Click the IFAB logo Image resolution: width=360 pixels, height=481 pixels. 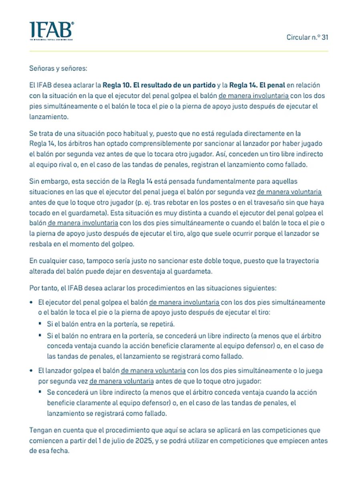coord(51,31)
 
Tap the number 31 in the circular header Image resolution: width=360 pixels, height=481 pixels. coord(325,38)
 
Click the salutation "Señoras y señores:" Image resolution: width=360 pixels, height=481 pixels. coord(57,69)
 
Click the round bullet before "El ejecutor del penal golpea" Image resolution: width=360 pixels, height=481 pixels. coord(32,302)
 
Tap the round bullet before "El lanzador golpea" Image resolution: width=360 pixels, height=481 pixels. coord(32,371)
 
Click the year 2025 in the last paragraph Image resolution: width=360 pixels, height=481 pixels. coord(143,441)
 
